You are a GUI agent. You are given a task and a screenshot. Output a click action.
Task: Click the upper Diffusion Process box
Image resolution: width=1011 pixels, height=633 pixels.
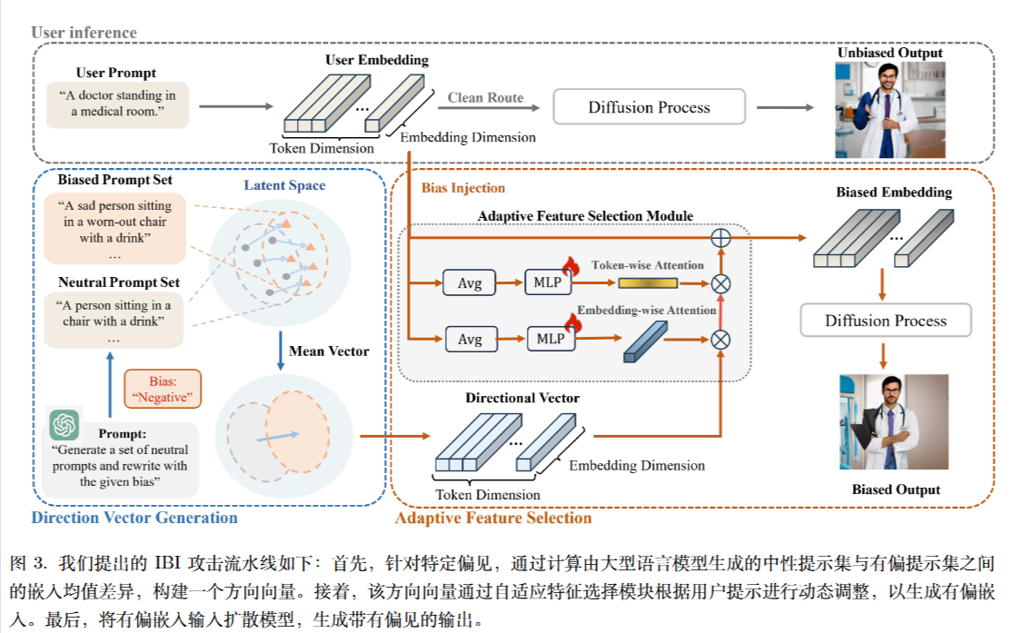pos(649,107)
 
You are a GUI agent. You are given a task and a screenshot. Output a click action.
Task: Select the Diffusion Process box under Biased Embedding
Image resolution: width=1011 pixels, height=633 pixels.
pos(885,321)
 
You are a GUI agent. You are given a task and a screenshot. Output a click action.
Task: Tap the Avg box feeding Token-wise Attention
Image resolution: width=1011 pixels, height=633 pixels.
pos(470,282)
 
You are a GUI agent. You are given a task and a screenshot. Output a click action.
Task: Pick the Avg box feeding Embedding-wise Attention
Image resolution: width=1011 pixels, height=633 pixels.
pos(470,339)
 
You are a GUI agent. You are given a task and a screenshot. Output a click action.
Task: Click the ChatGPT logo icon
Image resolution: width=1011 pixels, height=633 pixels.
pos(64,425)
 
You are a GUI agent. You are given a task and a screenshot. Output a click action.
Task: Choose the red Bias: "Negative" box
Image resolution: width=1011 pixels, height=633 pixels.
pos(163,388)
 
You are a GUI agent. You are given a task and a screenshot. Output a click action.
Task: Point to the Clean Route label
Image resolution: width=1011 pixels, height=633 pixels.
pos(485,98)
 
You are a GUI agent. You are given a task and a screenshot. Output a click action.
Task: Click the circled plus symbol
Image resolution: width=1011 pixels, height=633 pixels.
pos(720,238)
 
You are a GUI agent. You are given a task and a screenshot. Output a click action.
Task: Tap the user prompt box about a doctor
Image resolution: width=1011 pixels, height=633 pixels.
pos(117,104)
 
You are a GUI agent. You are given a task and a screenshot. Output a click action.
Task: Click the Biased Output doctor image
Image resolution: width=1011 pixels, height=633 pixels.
pos(880,421)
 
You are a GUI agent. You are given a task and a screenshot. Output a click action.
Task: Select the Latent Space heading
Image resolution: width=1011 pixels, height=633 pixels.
pos(284,185)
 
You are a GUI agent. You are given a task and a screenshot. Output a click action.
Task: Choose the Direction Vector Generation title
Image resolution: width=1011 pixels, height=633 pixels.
pos(134,519)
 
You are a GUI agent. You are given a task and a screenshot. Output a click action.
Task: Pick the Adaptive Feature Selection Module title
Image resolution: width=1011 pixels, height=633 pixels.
pos(585,216)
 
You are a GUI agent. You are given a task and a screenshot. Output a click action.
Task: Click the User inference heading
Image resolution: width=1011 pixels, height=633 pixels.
pos(84,33)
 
